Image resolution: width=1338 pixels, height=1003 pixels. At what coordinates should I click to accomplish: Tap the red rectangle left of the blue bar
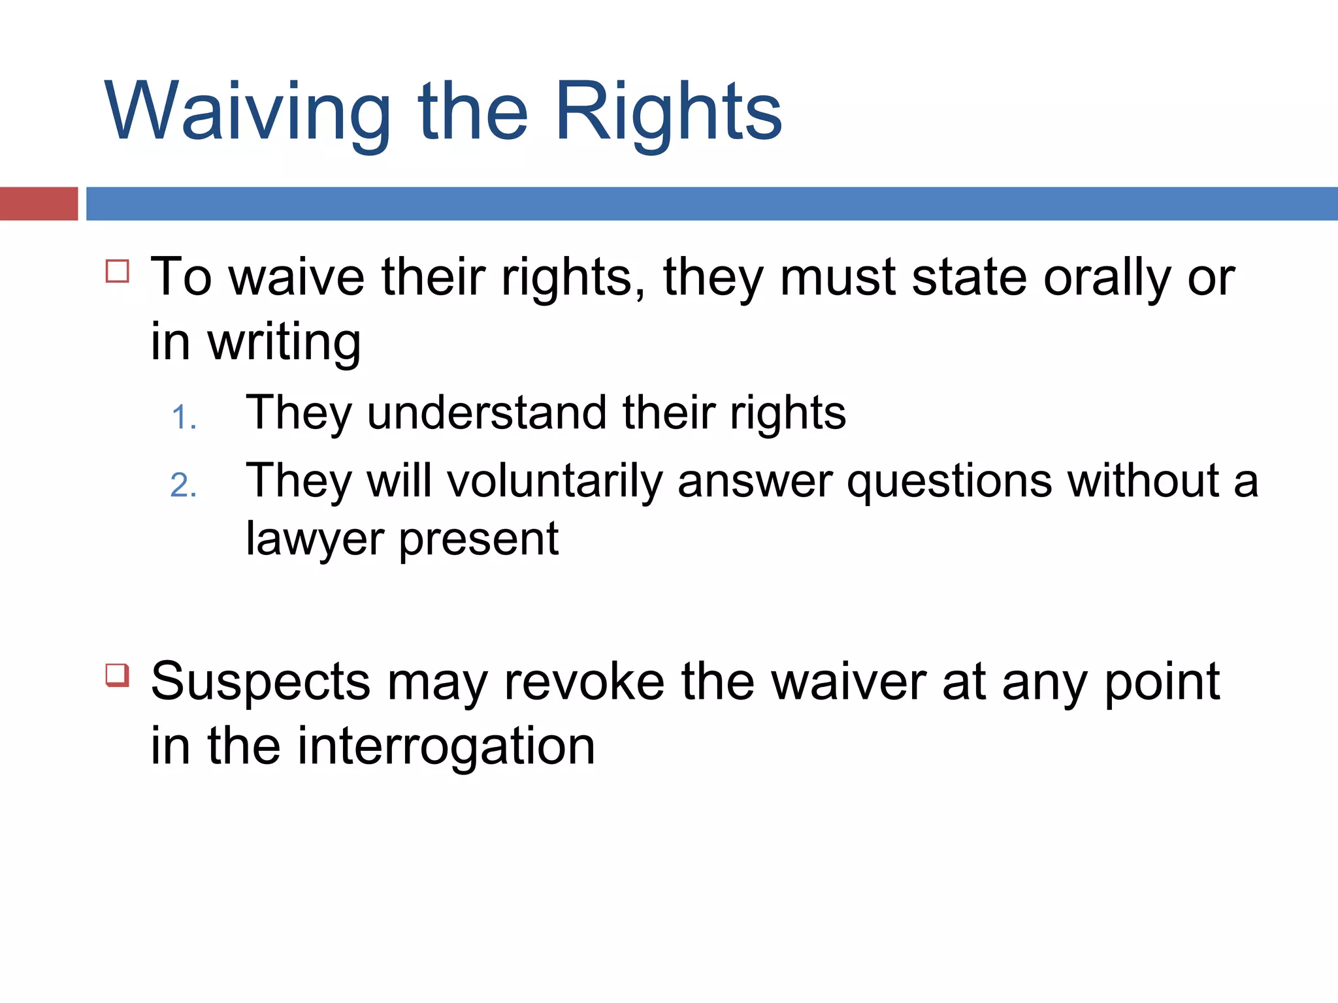(x=39, y=204)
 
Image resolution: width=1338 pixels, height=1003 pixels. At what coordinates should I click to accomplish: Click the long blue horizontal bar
(x=712, y=204)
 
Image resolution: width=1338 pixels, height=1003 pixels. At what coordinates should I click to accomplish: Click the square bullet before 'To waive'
(x=118, y=270)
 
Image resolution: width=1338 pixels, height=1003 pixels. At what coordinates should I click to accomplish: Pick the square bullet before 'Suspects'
(x=118, y=675)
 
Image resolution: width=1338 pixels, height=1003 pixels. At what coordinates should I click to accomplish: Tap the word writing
(x=284, y=343)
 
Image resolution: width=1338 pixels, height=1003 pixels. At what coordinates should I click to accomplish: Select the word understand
(x=487, y=414)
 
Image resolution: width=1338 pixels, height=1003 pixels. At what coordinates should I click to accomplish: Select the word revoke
(x=585, y=682)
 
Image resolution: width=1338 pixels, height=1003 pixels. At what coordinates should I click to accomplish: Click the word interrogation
(x=446, y=747)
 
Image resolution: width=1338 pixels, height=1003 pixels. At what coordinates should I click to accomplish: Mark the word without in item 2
(x=1143, y=482)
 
